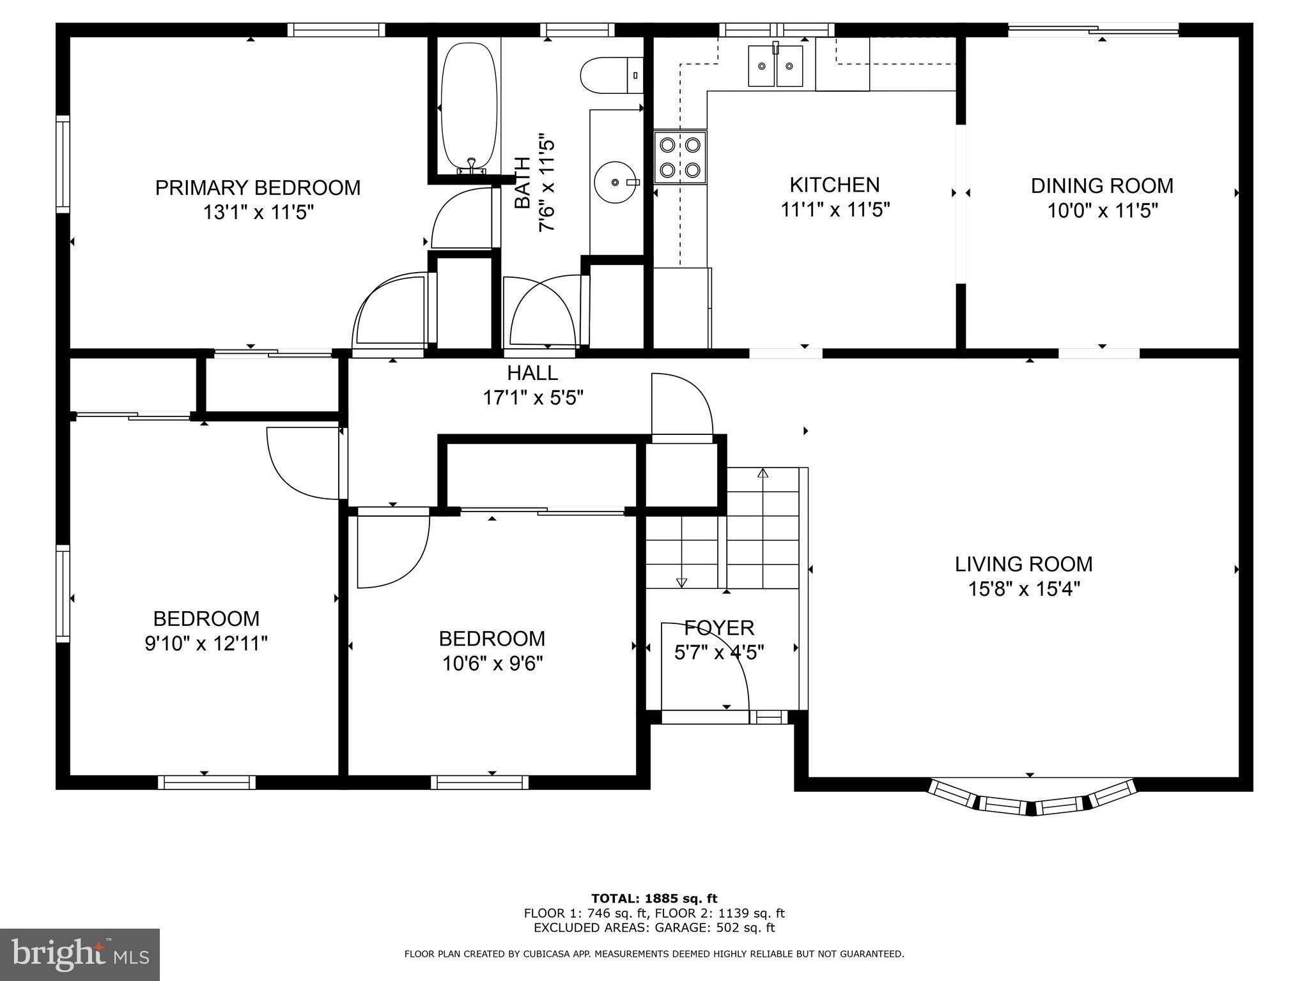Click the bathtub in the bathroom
pyautogui.click(x=470, y=105)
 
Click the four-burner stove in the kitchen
pyautogui.click(x=679, y=158)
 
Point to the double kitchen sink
pyautogui.click(x=775, y=66)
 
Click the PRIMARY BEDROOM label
pyautogui.click(x=258, y=188)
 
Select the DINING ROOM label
pyautogui.click(x=1101, y=186)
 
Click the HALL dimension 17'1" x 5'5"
pyautogui.click(x=533, y=399)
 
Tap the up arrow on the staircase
pyautogui.click(x=763, y=474)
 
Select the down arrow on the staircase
pyautogui.click(x=681, y=582)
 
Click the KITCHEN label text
pyautogui.click(x=834, y=185)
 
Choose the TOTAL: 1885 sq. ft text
pyautogui.click(x=654, y=899)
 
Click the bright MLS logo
pyautogui.click(x=79, y=954)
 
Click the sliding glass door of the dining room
pyautogui.click(x=1093, y=28)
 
